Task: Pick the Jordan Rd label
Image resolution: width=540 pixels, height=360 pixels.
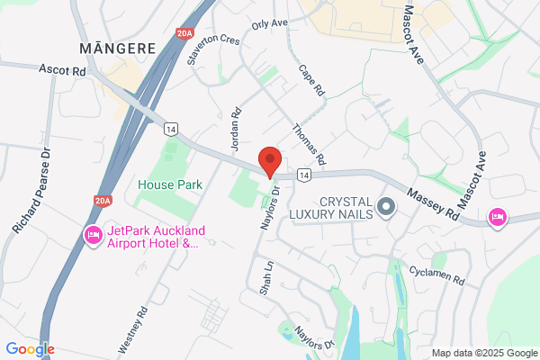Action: click(236, 127)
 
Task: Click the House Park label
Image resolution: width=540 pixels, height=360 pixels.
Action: click(170, 184)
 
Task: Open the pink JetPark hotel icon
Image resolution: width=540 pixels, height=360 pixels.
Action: click(92, 236)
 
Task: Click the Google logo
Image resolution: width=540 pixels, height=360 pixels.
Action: click(30, 349)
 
